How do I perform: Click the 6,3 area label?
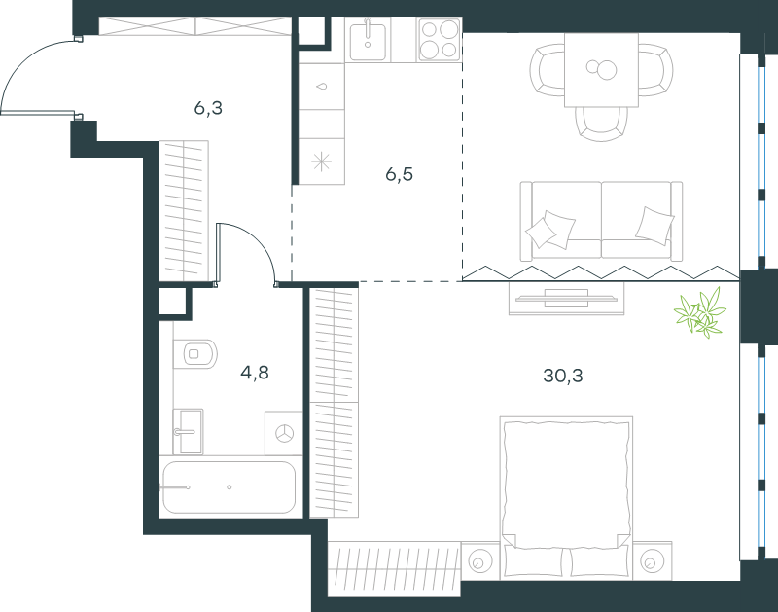pos(208,108)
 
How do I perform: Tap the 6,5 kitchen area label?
pos(399,174)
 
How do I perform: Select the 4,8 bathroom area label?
pos(255,372)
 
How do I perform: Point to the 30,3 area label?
pos(563,376)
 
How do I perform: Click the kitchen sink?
pos(368,40)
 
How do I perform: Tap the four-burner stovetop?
pos(440,40)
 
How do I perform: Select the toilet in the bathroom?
pos(195,354)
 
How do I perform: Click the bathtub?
pos(230,487)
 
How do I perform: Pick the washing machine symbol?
pos(284,433)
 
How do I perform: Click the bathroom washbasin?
pos(189,431)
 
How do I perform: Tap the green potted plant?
pos(700,312)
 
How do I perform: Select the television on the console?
pos(566,299)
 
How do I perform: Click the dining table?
pos(601,70)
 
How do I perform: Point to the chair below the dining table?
pos(601,124)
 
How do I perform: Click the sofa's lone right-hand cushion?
pos(654,226)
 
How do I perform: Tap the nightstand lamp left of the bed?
pos(479,561)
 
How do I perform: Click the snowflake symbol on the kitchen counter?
pos(321,162)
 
